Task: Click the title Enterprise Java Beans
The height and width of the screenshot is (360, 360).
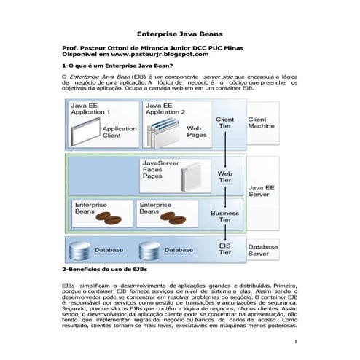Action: (x=180, y=34)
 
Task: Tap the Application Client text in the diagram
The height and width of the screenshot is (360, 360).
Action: (x=120, y=132)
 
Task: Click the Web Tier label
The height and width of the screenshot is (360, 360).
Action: (x=225, y=177)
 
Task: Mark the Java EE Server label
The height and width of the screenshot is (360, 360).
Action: (x=262, y=191)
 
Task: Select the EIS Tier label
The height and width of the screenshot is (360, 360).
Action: (x=225, y=249)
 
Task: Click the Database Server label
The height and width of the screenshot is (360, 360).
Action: (x=262, y=250)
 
